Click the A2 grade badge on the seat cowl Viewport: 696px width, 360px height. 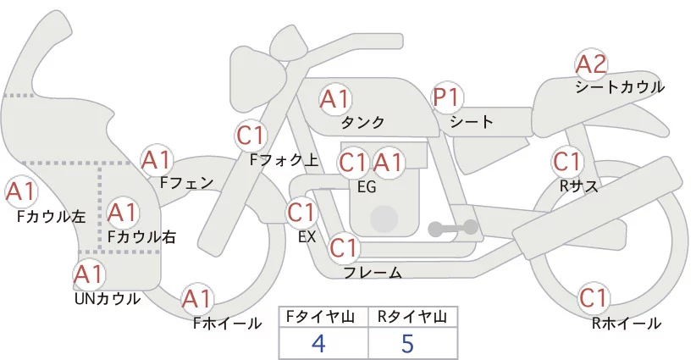point(591,64)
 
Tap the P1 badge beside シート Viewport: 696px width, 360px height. point(446,98)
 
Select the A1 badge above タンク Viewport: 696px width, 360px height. point(334,99)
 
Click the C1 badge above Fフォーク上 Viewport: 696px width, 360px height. point(251,135)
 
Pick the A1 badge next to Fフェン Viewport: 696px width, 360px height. point(157,159)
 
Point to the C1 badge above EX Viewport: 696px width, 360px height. point(301,212)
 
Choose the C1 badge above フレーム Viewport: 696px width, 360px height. point(344,248)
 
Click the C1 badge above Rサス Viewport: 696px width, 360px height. point(566,161)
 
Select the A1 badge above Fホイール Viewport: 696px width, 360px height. point(197,299)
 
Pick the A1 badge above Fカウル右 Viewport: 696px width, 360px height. point(122,212)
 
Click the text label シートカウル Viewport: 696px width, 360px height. point(619,87)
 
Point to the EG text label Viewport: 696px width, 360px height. point(367,186)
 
